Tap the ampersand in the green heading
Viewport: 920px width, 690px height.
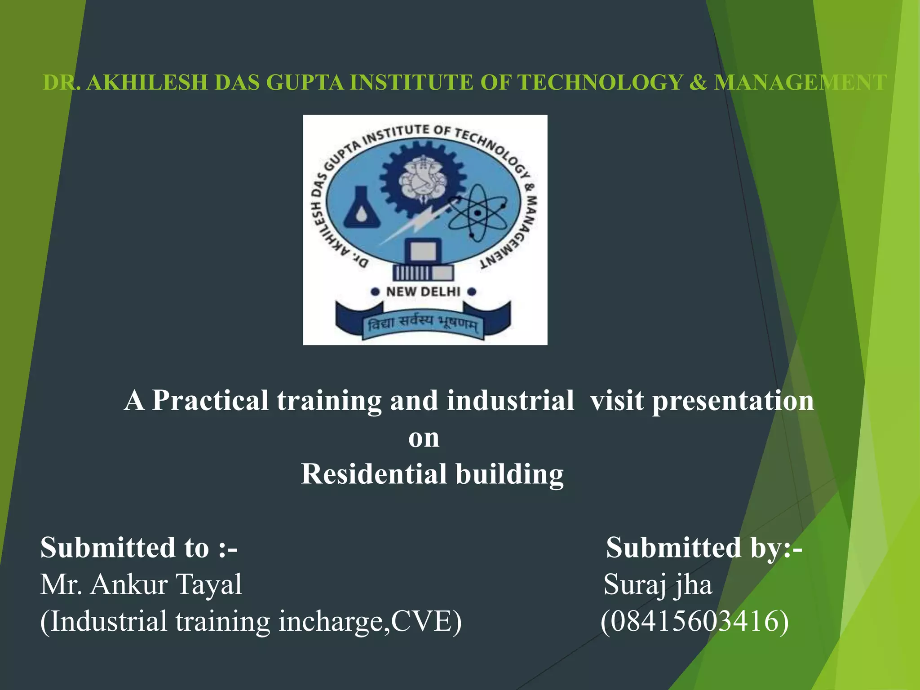coord(698,83)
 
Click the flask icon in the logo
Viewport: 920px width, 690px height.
coord(362,208)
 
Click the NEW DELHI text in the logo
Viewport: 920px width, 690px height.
coord(423,292)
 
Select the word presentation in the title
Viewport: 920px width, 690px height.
coord(733,400)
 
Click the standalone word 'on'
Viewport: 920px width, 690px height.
coord(424,438)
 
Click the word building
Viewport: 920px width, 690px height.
coord(510,474)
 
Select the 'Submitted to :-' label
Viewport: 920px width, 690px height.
coord(139,548)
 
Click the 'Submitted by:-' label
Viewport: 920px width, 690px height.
coord(703,548)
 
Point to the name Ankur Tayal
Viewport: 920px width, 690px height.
coord(166,584)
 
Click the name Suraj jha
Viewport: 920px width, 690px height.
coord(658,584)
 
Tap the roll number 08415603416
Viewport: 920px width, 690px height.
coord(694,621)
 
